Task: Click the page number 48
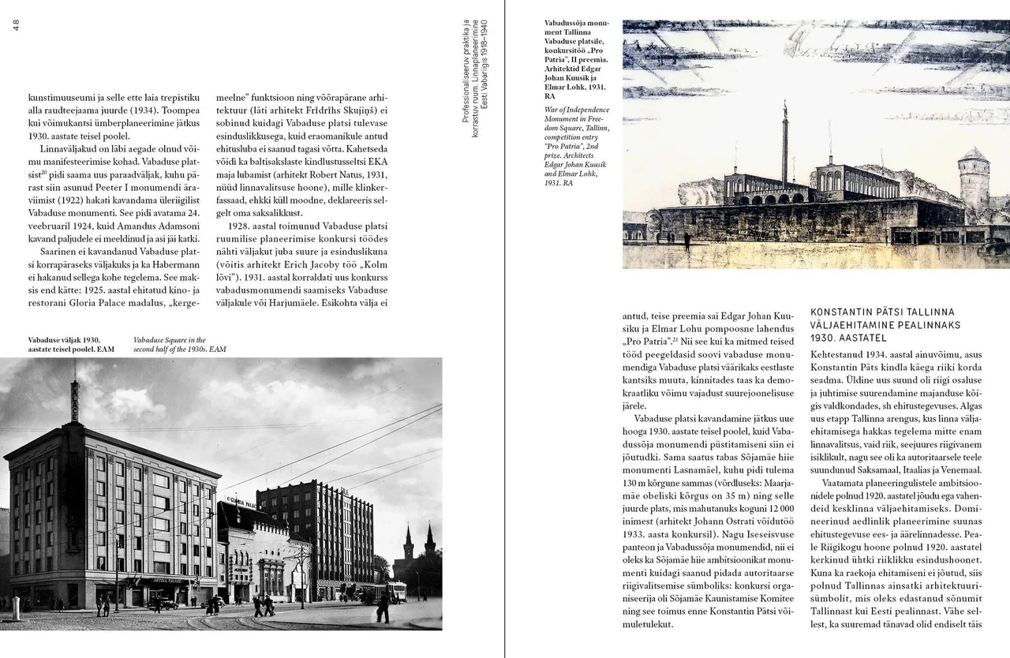pos(16,26)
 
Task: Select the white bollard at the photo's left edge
pos(15,608)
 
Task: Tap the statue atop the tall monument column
pos(785,104)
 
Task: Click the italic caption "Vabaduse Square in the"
pos(169,340)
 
